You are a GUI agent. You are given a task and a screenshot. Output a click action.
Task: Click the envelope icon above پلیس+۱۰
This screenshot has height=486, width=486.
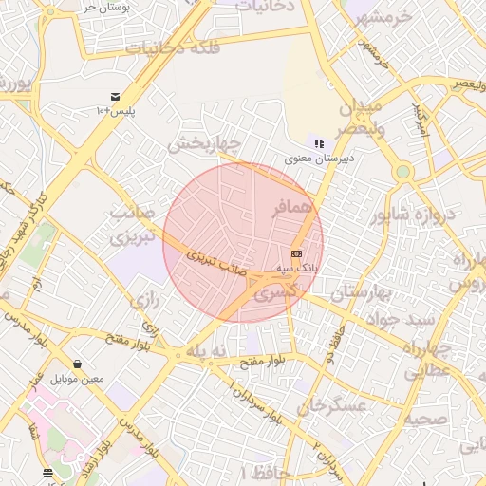(115, 97)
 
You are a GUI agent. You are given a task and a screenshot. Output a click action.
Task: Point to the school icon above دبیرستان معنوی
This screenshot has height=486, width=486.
(319, 143)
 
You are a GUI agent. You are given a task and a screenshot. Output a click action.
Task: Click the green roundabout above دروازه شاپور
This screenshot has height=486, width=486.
(402, 172)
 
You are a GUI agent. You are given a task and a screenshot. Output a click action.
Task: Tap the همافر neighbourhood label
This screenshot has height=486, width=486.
(291, 208)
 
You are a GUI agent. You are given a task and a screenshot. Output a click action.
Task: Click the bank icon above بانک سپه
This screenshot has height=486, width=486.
(297, 253)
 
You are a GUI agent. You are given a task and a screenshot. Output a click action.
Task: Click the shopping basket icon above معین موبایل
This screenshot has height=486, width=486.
(77, 364)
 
